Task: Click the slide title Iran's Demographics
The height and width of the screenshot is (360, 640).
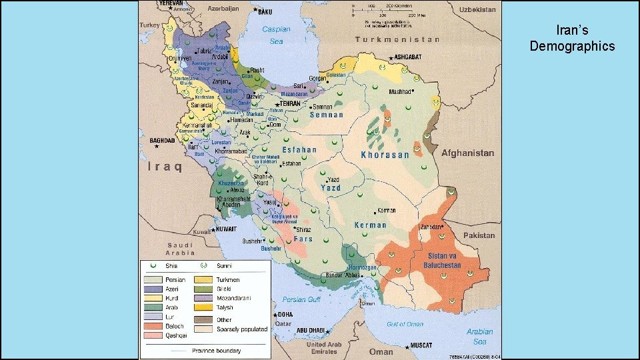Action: click(x=572, y=38)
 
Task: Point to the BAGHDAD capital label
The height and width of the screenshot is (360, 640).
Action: click(x=162, y=141)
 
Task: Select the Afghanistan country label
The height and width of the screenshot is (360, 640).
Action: click(x=467, y=153)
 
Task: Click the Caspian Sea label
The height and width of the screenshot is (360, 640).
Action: click(x=276, y=35)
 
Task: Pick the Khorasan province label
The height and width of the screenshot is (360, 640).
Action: click(x=385, y=155)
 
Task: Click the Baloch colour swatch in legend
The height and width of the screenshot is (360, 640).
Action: click(x=153, y=326)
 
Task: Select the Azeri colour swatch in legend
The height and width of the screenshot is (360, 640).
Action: click(x=153, y=289)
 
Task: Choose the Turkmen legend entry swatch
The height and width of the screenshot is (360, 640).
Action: click(x=204, y=280)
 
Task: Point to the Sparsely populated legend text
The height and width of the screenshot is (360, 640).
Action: click(x=241, y=329)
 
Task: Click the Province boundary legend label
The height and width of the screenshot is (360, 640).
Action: click(x=217, y=351)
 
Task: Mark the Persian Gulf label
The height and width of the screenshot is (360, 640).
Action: click(x=303, y=299)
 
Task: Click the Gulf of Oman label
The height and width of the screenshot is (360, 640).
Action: click(x=405, y=324)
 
